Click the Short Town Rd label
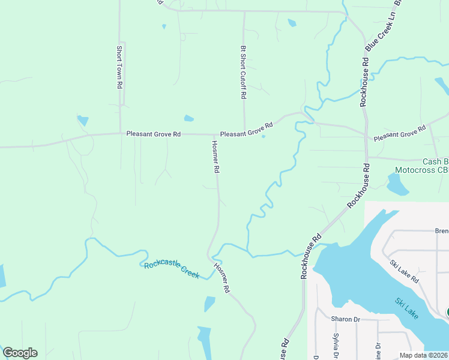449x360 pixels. pyautogui.click(x=119, y=68)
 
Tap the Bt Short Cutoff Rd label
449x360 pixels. pyautogui.click(x=243, y=72)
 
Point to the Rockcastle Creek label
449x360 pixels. pyautogui.click(x=171, y=269)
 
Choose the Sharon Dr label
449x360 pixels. pyautogui.click(x=345, y=319)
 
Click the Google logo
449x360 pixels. pyautogui.click(x=20, y=353)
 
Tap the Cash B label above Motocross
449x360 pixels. pyautogui.click(x=435, y=161)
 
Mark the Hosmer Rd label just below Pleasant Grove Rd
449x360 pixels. pyautogui.click(x=215, y=157)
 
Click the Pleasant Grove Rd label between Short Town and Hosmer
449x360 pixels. pyautogui.click(x=153, y=134)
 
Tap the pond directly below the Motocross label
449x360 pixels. pyautogui.click(x=397, y=186)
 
